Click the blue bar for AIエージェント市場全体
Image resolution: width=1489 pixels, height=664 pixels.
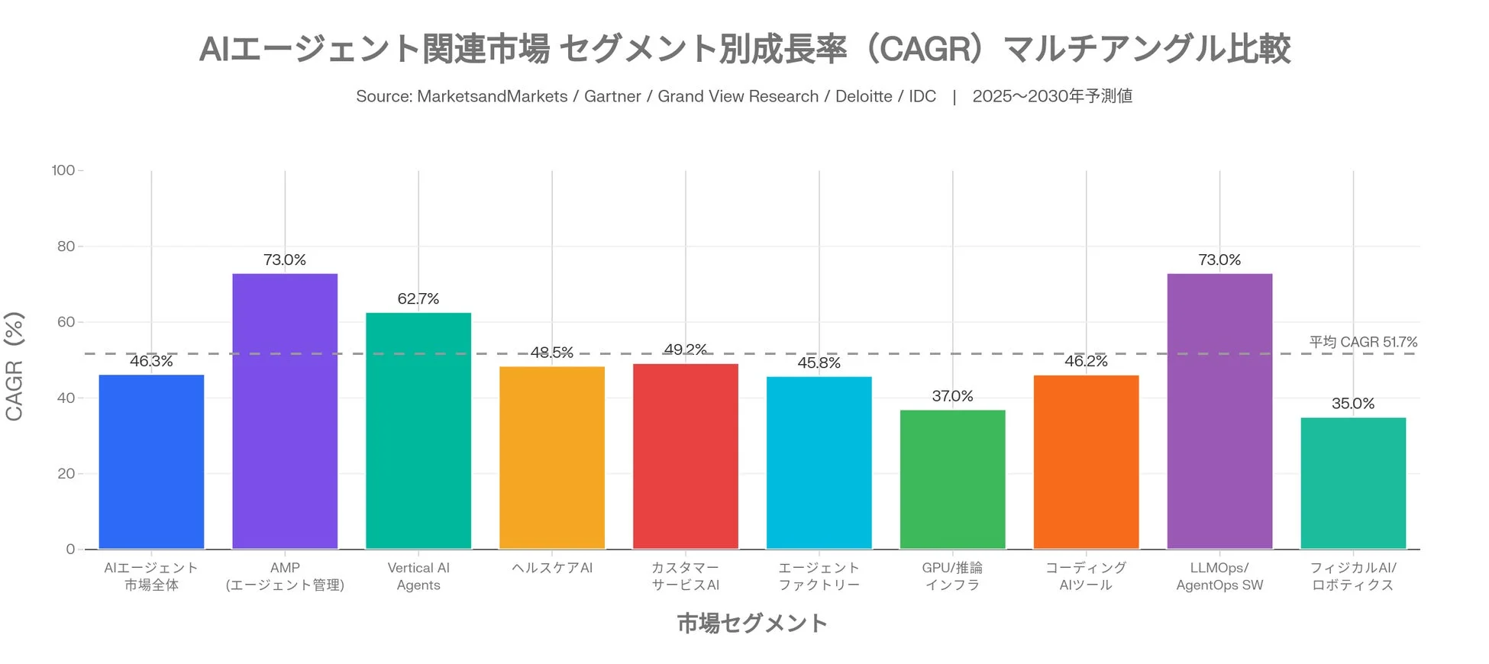point(151,462)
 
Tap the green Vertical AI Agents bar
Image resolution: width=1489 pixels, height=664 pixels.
point(418,430)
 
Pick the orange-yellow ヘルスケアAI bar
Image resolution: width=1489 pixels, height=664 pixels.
point(552,458)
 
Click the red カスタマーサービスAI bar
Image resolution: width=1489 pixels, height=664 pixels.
point(686,456)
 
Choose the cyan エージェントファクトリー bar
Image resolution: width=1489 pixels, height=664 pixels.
point(819,463)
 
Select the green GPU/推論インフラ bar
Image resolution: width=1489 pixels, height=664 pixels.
point(952,479)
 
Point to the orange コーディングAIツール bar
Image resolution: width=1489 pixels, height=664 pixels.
point(1086,462)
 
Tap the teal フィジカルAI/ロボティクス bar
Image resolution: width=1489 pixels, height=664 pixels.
point(1353,483)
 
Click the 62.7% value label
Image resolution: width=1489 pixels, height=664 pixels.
point(418,299)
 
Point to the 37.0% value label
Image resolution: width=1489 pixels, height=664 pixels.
point(952,396)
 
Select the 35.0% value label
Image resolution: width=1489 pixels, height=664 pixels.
point(1353,404)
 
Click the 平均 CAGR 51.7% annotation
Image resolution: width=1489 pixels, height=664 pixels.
point(1363,342)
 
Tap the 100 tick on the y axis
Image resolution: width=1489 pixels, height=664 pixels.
point(63,170)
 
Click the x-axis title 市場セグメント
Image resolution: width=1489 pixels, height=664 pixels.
point(752,624)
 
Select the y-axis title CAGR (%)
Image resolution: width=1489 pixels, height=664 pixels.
point(15,366)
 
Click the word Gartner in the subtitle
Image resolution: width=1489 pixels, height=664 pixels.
point(612,96)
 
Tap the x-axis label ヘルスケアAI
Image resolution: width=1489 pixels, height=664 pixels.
point(552,568)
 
